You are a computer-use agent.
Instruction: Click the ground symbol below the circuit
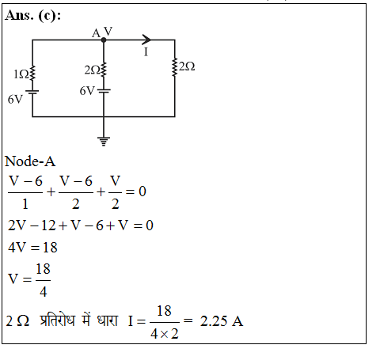[x=104, y=141]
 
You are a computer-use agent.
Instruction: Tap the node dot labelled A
[x=104, y=40]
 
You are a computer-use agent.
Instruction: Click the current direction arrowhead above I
[x=146, y=40]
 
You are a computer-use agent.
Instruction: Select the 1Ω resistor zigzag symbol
[x=32, y=73]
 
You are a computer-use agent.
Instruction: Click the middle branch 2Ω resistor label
[x=92, y=70]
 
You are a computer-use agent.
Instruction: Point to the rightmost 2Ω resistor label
[x=187, y=66]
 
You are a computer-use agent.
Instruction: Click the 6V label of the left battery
[x=15, y=100]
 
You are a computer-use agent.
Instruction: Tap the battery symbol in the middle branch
[x=104, y=91]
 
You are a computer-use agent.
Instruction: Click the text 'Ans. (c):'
[x=33, y=15]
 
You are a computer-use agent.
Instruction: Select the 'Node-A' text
[x=30, y=161]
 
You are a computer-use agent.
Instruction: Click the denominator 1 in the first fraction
[x=25, y=204]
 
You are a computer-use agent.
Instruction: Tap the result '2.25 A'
[x=222, y=321]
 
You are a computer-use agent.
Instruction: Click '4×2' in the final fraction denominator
[x=165, y=334]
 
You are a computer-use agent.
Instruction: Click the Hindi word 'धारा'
[x=107, y=320]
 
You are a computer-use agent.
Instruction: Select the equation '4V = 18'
[x=32, y=248]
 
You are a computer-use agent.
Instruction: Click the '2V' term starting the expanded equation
[x=17, y=225]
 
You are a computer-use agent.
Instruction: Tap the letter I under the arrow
[x=146, y=52]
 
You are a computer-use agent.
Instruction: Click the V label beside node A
[x=108, y=32]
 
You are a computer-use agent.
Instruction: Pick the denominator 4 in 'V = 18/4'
[x=44, y=292]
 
